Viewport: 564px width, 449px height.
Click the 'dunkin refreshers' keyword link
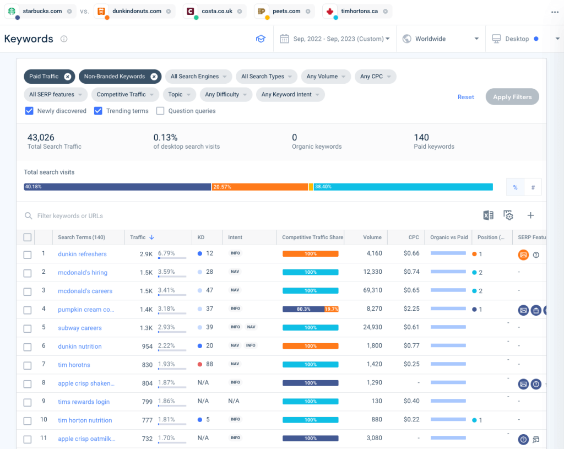click(82, 254)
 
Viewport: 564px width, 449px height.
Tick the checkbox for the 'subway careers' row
click(28, 328)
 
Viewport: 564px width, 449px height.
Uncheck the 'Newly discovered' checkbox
click(30, 111)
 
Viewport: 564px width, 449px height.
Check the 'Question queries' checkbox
click(160, 111)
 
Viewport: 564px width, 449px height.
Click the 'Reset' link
click(465, 97)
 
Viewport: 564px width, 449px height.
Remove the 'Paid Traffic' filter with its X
click(67, 77)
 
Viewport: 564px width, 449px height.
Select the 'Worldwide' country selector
click(441, 39)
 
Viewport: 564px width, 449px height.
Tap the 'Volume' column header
click(372, 237)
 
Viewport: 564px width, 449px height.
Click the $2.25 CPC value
click(411, 309)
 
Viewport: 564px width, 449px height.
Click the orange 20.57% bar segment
click(259, 187)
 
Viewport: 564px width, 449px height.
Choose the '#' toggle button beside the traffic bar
click(533, 187)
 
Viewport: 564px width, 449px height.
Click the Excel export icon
click(488, 215)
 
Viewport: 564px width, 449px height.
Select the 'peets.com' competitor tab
click(286, 11)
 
